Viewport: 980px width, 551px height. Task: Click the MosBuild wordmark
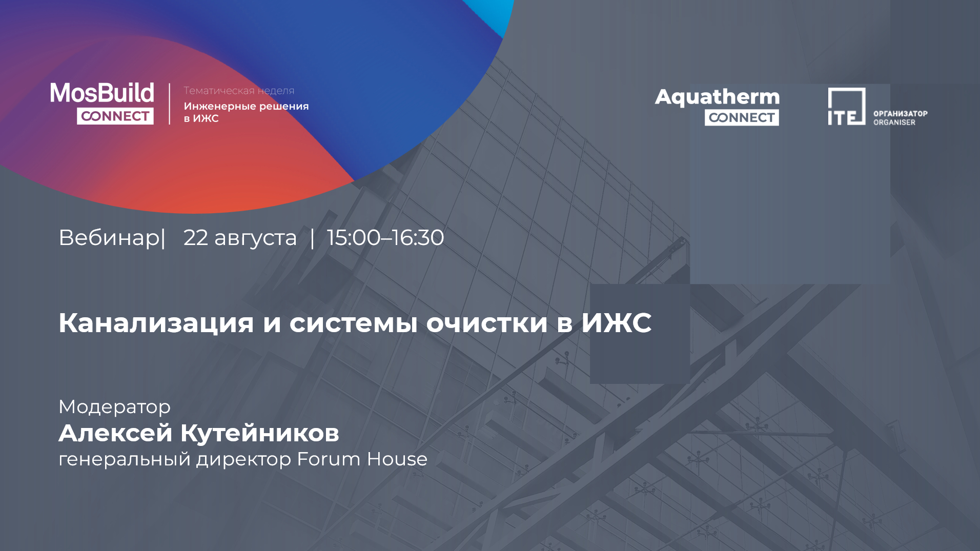102,93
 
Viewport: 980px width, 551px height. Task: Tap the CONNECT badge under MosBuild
115,116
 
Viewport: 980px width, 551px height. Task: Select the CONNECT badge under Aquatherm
742,117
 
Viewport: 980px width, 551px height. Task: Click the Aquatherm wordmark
717,97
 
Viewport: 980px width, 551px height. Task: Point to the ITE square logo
846,106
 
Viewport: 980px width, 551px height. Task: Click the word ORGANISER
894,123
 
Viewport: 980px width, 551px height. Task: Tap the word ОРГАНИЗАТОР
901,113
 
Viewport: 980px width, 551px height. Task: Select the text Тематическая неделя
239,91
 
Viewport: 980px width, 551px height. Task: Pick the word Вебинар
109,237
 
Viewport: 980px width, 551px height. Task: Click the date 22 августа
240,238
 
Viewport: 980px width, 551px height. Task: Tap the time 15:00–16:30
385,237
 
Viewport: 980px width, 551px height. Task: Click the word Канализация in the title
156,323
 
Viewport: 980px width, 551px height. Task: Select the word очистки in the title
487,323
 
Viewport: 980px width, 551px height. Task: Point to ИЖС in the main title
616,322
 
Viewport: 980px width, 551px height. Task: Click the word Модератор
115,407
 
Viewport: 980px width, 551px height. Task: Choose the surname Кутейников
259,433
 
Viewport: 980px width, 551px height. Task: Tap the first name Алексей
115,433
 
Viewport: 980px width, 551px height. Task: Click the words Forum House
362,459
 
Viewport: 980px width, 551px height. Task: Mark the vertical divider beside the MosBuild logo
170,104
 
